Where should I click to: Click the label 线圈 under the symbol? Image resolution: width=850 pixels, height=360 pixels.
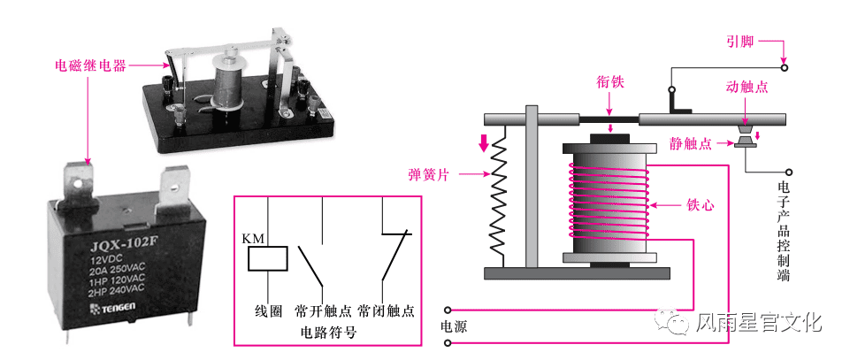point(268,311)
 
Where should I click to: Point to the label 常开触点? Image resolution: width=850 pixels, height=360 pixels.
point(324,311)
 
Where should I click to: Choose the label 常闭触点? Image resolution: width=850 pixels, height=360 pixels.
point(387,311)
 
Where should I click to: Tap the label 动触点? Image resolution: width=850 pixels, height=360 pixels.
point(747,88)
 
